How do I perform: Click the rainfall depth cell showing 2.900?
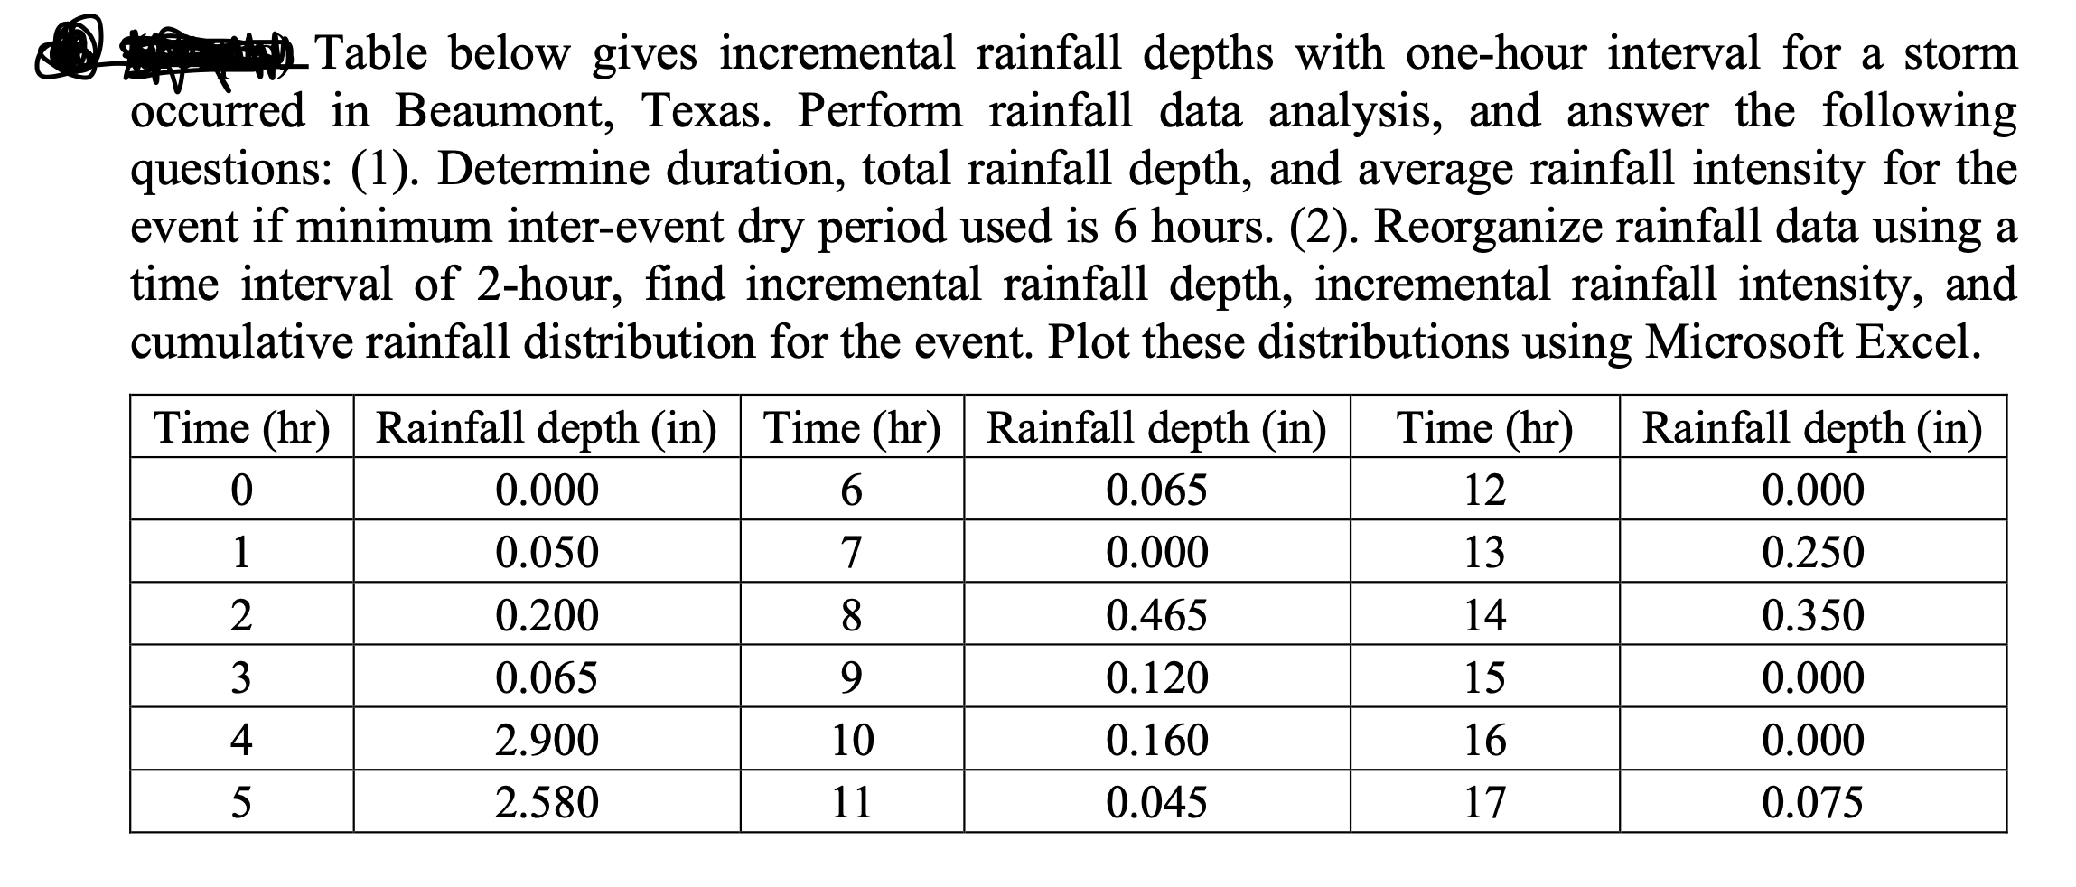pyautogui.click(x=547, y=740)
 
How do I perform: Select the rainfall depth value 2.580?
pyautogui.click(x=547, y=802)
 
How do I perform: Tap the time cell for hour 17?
pyautogui.click(x=1484, y=802)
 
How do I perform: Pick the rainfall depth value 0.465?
pyautogui.click(x=1156, y=615)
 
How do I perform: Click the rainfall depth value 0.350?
pyautogui.click(x=1812, y=615)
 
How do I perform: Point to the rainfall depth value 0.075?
pyautogui.click(x=1812, y=802)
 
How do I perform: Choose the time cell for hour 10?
pyautogui.click(x=852, y=740)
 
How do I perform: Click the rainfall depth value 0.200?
pyautogui.click(x=547, y=615)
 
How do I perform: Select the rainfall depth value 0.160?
pyautogui.click(x=1156, y=740)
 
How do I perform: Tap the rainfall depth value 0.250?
pyautogui.click(x=1812, y=552)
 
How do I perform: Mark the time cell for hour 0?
pyautogui.click(x=240, y=490)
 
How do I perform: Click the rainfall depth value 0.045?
pyautogui.click(x=1156, y=802)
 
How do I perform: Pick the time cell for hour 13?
pyautogui.click(x=1484, y=552)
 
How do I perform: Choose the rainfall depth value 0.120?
pyautogui.click(x=1156, y=677)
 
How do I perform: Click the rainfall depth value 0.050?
pyautogui.click(x=547, y=552)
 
